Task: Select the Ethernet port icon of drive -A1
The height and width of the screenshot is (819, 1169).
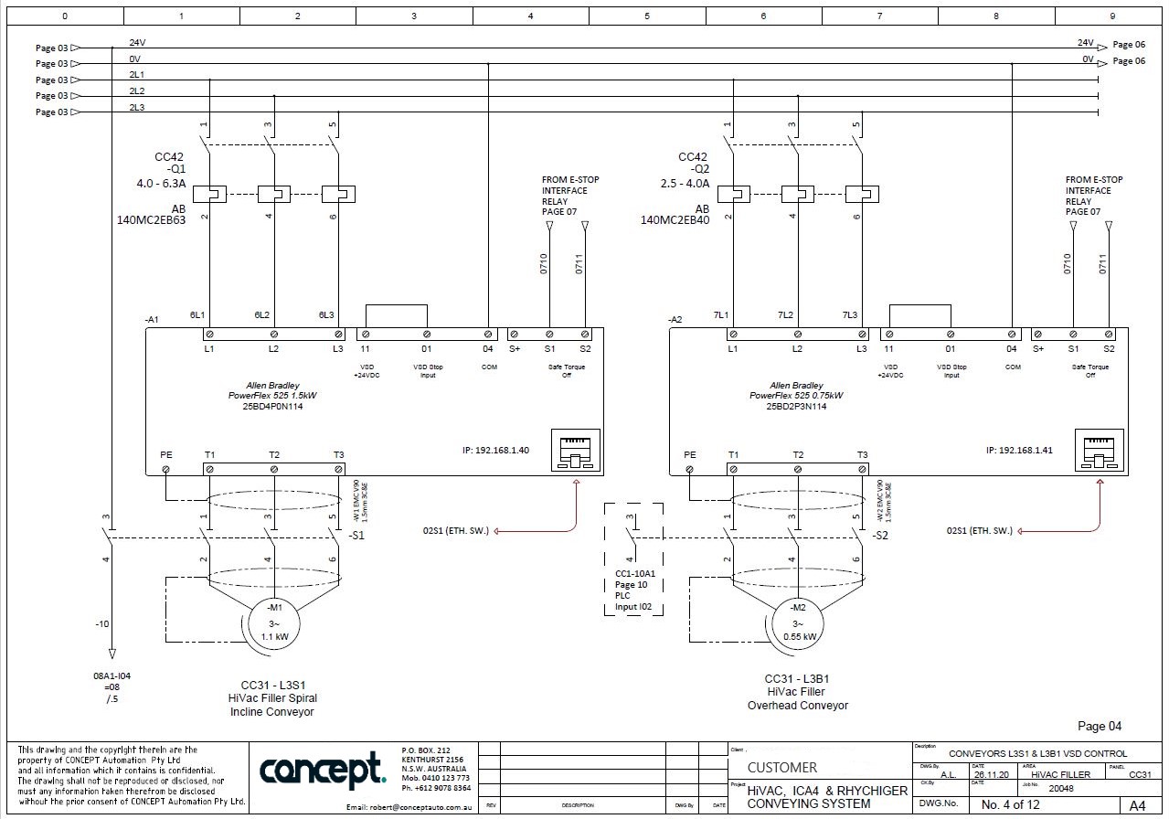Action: [x=576, y=450]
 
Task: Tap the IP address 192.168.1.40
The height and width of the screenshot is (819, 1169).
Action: [x=495, y=450]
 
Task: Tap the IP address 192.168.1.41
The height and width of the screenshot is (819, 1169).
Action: [x=1019, y=450]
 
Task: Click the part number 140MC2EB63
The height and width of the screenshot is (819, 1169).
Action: [x=152, y=220]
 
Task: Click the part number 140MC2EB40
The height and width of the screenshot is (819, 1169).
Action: [x=675, y=220]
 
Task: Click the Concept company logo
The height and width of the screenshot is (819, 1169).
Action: [x=323, y=771]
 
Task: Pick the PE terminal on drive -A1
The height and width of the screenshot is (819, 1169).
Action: [x=165, y=469]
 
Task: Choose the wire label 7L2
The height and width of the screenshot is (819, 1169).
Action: [x=785, y=315]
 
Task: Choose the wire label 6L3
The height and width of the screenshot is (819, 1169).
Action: [x=326, y=315]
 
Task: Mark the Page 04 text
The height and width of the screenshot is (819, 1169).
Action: [x=1100, y=727]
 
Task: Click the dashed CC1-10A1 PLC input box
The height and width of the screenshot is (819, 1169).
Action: [x=634, y=558]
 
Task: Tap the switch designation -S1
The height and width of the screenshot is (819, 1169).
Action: [x=356, y=536]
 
